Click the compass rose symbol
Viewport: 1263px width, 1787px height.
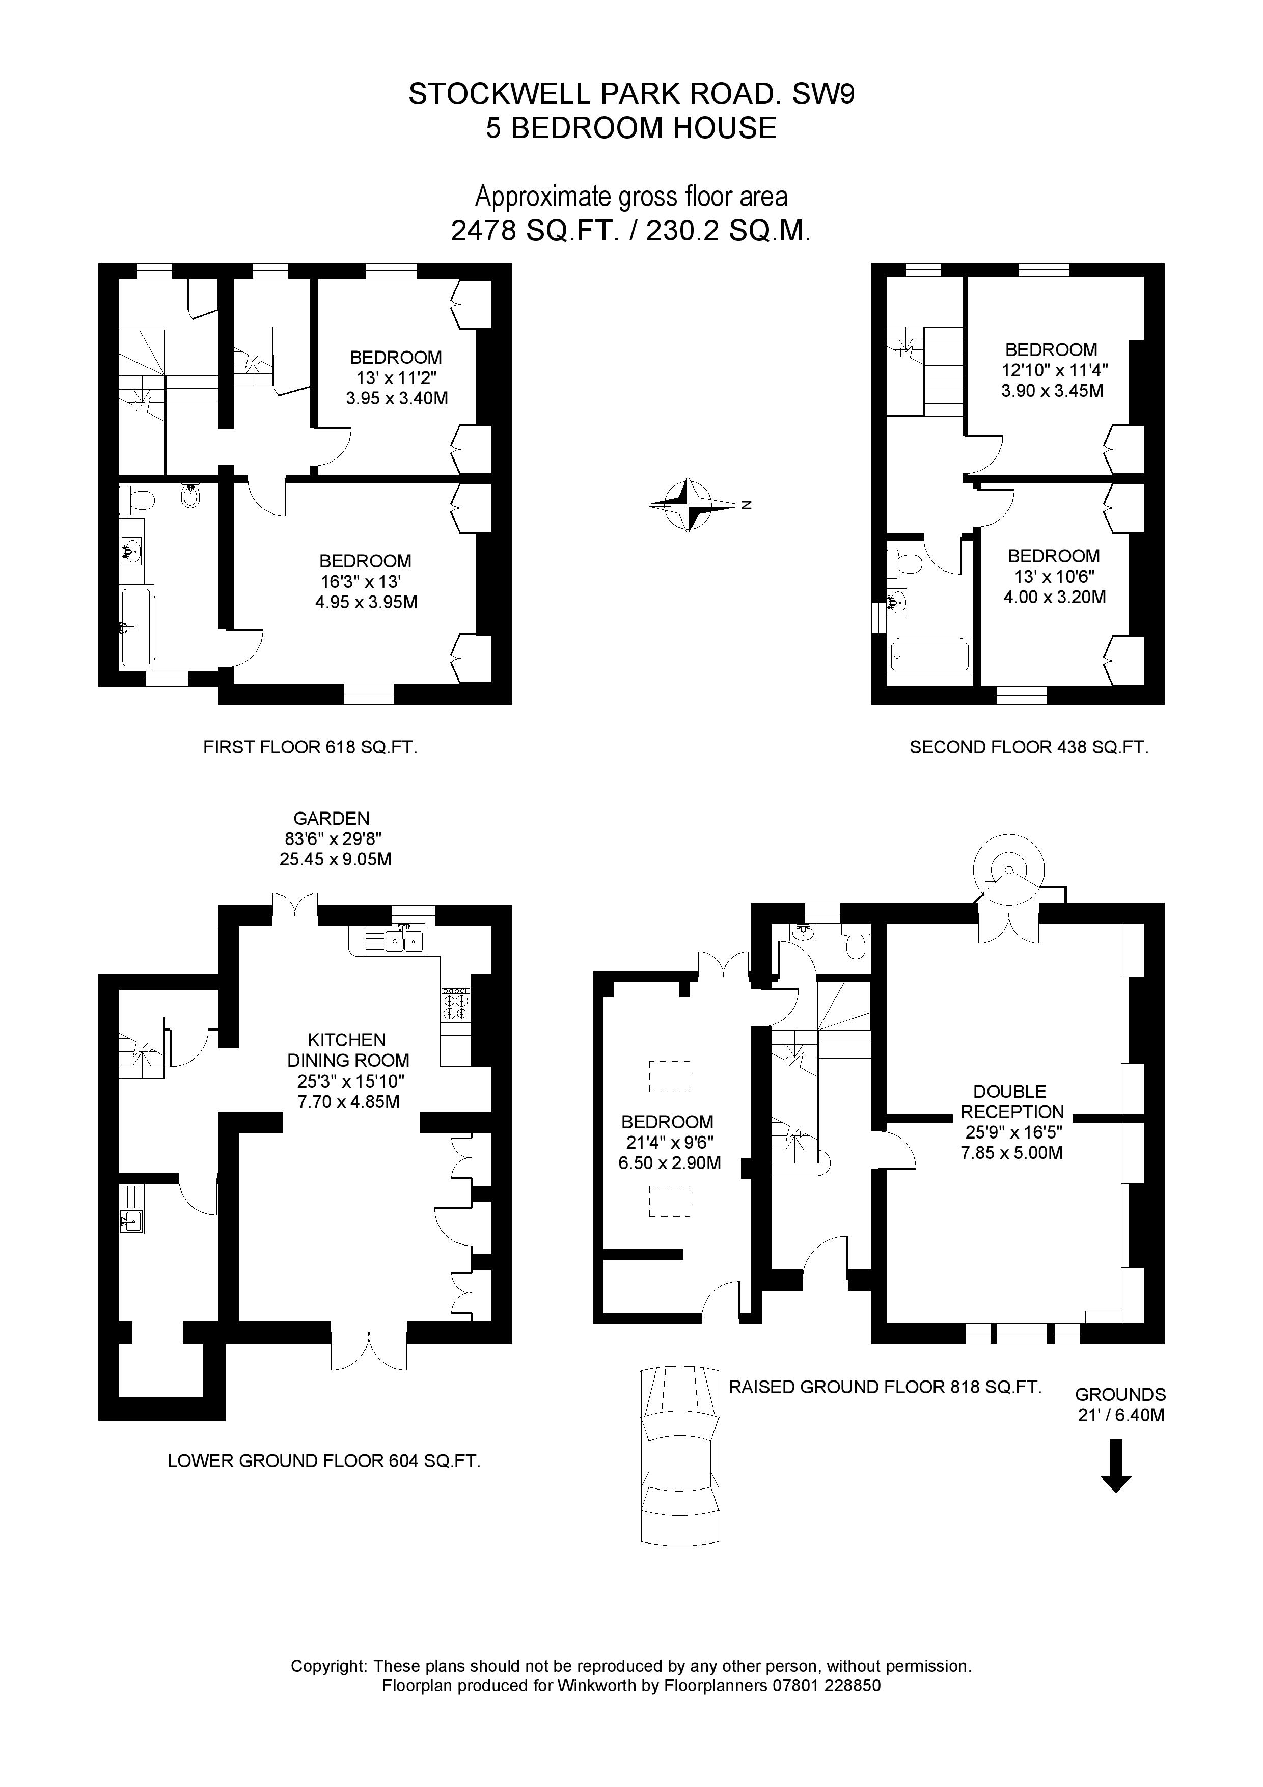[688, 505]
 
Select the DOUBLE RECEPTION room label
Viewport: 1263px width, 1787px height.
[1011, 1101]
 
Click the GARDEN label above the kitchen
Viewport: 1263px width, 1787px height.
[332, 818]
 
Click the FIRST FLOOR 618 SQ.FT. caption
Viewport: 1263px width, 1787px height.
[310, 748]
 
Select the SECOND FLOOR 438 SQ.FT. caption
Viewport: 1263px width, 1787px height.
[1029, 748]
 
